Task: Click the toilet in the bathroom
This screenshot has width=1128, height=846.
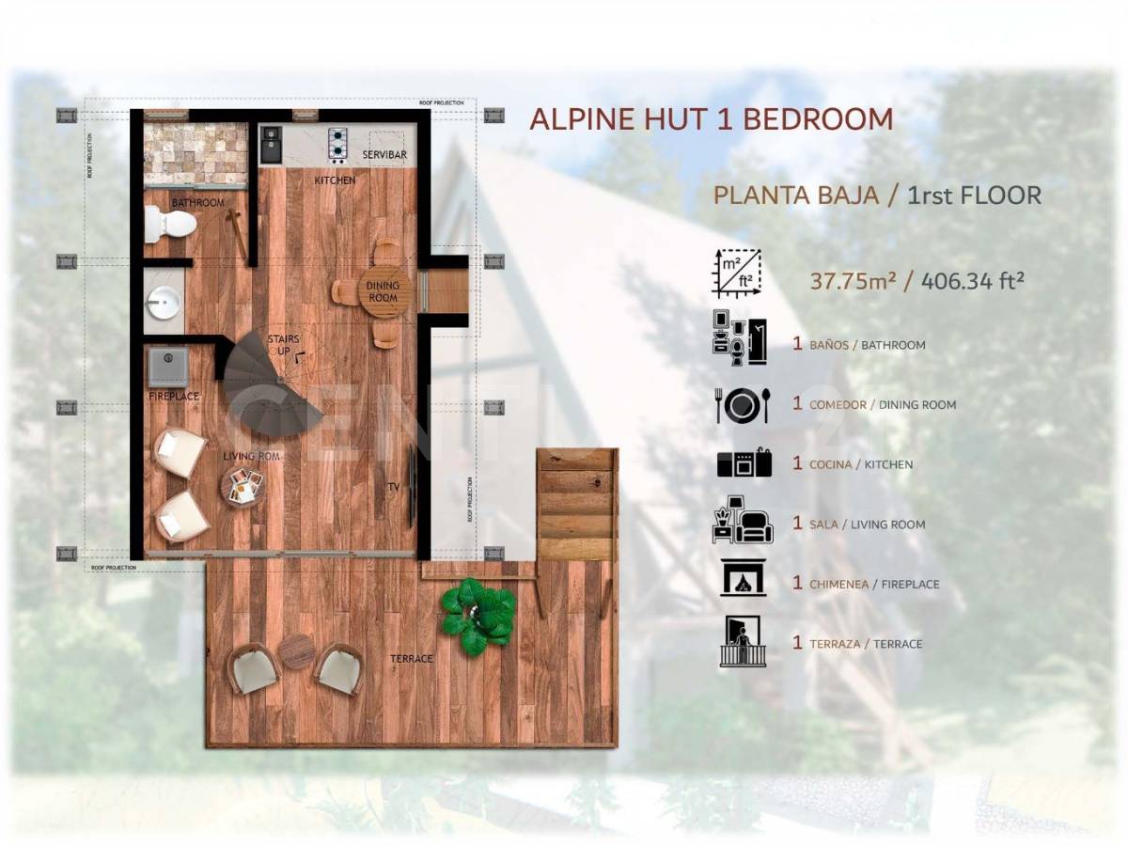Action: pyautogui.click(x=169, y=224)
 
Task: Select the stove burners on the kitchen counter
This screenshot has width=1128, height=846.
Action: pyautogui.click(x=337, y=144)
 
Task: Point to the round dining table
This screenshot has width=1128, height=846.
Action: pyautogui.click(x=384, y=292)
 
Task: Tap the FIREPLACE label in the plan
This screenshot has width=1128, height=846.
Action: pyautogui.click(x=174, y=397)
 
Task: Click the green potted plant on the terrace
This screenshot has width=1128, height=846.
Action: pyautogui.click(x=479, y=616)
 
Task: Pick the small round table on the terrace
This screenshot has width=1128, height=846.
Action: pyautogui.click(x=297, y=651)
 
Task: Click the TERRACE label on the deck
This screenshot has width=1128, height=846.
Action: pyautogui.click(x=412, y=659)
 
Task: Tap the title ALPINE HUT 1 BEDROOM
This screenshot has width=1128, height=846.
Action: pyautogui.click(x=712, y=119)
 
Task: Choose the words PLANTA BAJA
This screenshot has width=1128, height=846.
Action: pyautogui.click(x=796, y=196)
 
